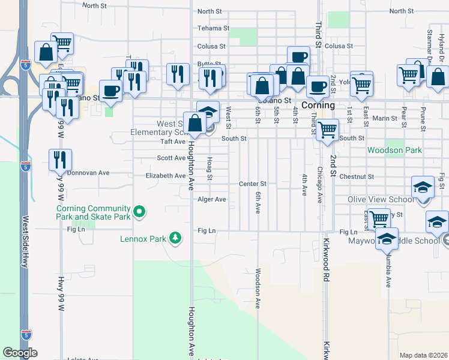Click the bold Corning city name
coord(318,105)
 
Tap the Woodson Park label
coord(394,150)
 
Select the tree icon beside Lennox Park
coord(175,238)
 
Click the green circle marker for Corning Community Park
coord(140,211)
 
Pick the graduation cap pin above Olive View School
coord(423,188)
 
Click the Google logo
coord(20,353)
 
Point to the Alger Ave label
coord(211,199)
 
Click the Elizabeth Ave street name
coord(166,176)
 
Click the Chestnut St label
coord(357,177)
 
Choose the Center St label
coord(252,184)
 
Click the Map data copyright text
coord(423,355)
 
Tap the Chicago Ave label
coord(320,185)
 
